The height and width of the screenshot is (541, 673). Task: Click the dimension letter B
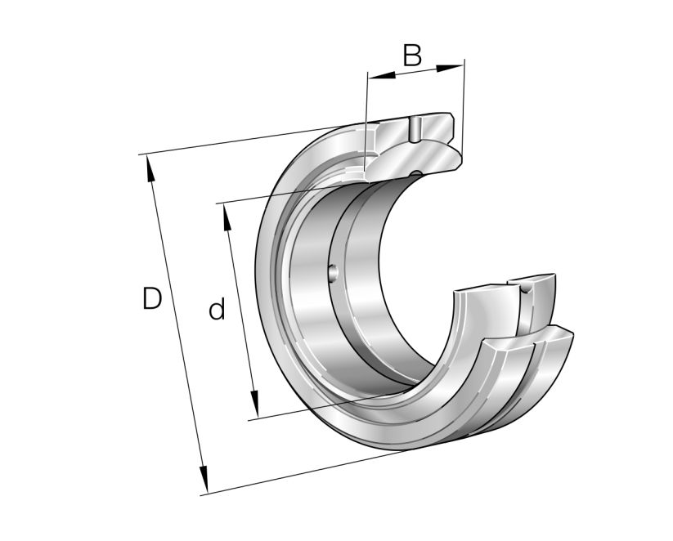pos(412,56)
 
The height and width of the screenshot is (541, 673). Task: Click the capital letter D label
pos(151,299)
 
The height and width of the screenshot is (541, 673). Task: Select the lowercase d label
pos(216,310)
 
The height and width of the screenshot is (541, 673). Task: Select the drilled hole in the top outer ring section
pos(415,129)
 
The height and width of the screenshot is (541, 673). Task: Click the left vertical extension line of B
pos(366,123)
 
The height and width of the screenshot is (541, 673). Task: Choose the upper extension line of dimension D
pos(245,139)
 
